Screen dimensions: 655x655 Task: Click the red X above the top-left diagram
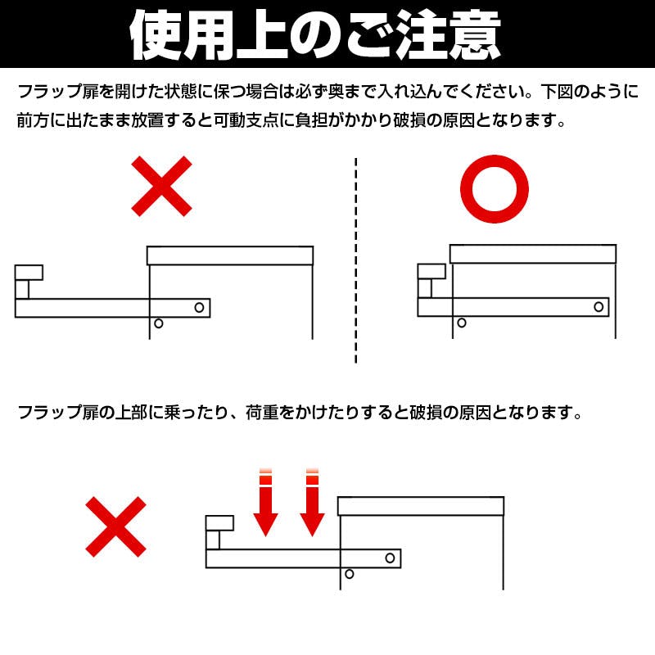[x=162, y=187]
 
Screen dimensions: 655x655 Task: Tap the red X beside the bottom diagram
[x=116, y=527]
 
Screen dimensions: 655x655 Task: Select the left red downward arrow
[x=265, y=503]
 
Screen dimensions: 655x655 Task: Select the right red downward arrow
[x=311, y=503]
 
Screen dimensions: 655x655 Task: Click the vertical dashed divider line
[x=355, y=262]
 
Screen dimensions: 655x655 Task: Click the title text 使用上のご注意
[x=315, y=34]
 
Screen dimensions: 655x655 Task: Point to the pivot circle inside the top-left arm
[x=199, y=307]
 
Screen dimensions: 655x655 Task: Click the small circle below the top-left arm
[x=159, y=323]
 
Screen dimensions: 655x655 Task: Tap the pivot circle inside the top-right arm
[x=599, y=307]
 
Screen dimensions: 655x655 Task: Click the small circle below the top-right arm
[x=462, y=323]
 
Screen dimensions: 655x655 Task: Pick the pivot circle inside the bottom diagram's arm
[x=391, y=558]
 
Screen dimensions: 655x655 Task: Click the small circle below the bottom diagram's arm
[x=349, y=574]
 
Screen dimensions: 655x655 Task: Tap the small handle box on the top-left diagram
[x=29, y=272]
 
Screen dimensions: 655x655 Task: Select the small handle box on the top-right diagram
[x=431, y=272]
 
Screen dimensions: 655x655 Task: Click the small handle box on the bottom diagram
[x=219, y=523]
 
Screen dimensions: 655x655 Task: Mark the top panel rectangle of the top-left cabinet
[x=230, y=255]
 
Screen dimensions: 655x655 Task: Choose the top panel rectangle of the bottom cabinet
[x=421, y=506]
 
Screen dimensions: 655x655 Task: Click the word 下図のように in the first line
[x=585, y=92]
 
